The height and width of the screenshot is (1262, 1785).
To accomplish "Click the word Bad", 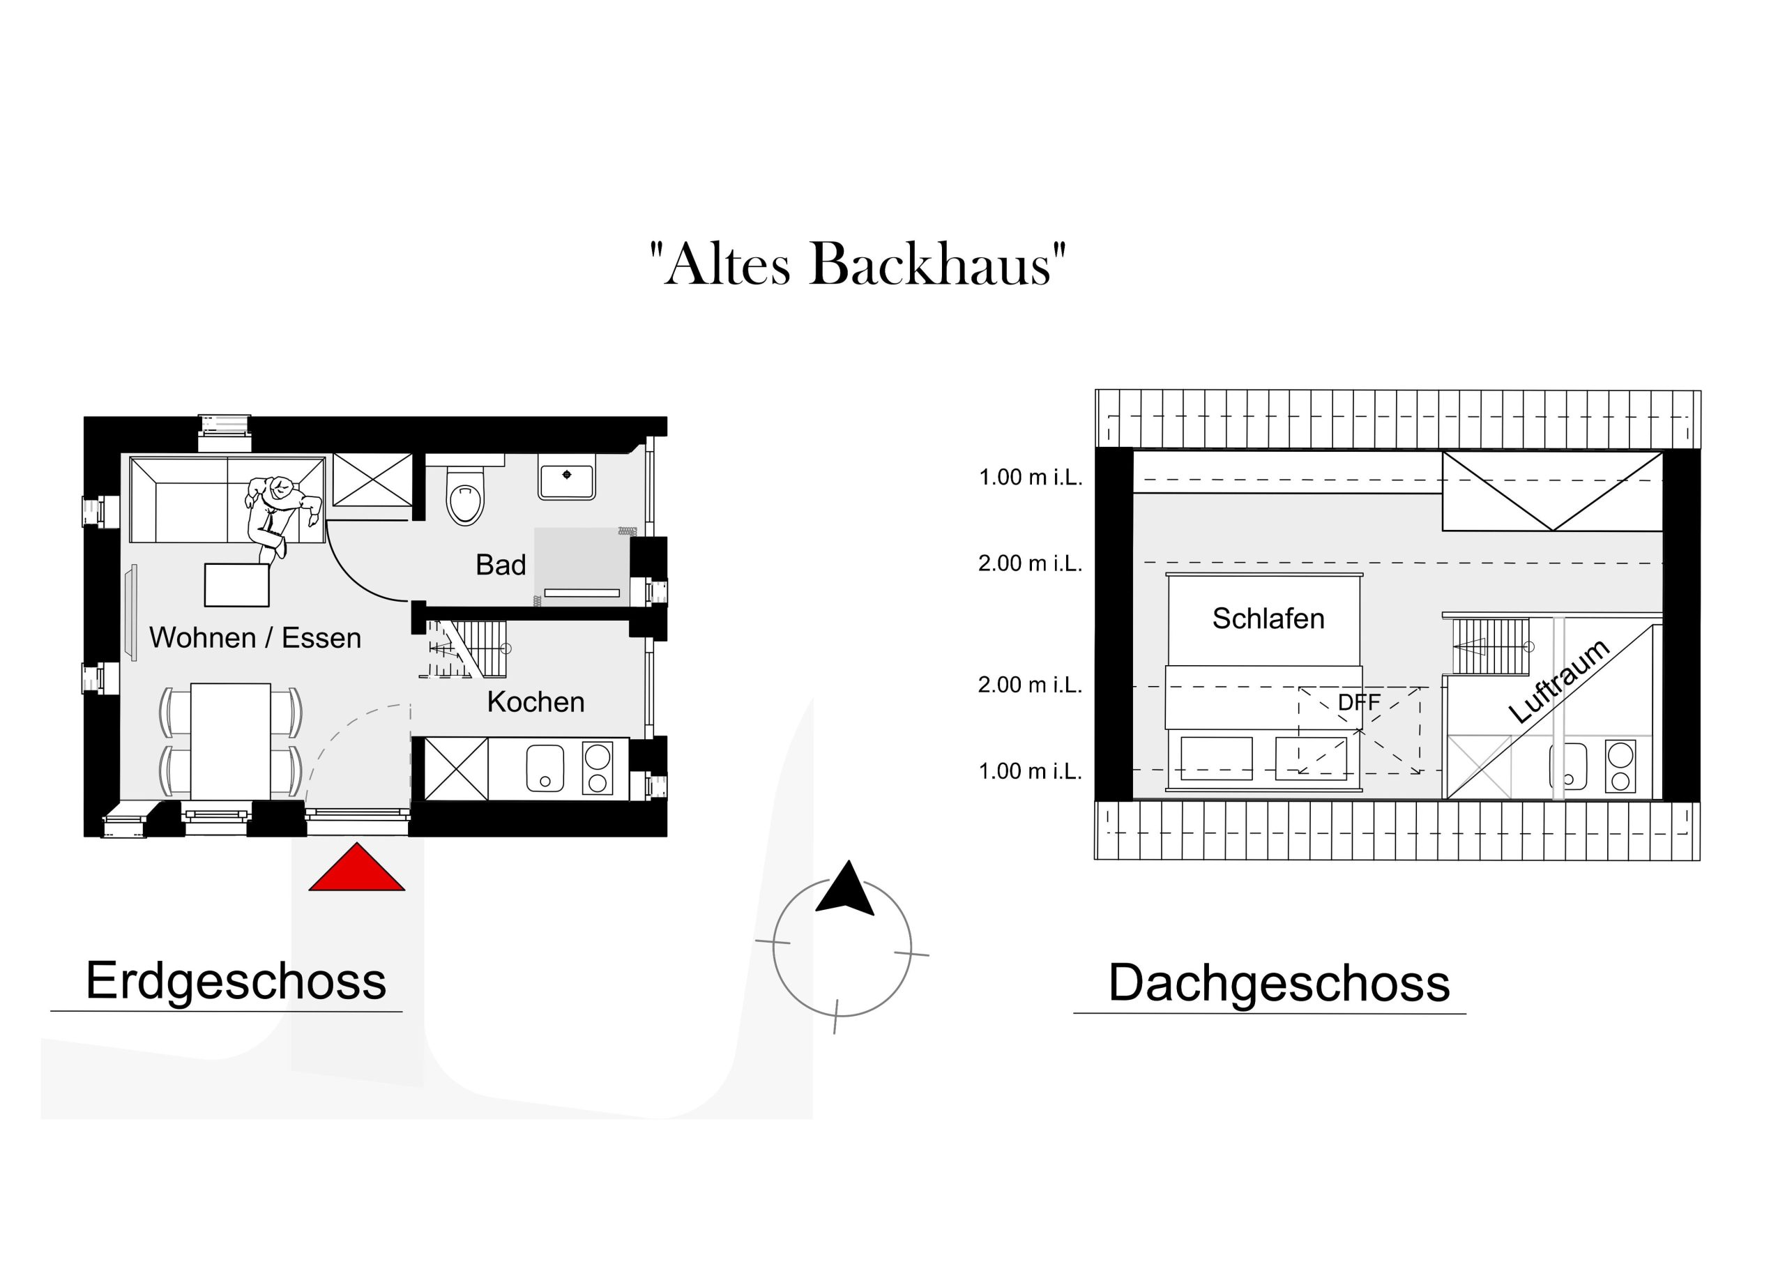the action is (501, 565).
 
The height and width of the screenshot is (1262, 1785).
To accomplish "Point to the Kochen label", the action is (535, 702).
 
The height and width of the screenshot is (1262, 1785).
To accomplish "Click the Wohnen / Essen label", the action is (255, 637).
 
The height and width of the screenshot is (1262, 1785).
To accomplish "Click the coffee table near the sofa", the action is (237, 586).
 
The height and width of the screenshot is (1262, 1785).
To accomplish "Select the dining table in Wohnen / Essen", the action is (231, 741).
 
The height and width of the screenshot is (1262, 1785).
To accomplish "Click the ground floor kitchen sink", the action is (545, 768).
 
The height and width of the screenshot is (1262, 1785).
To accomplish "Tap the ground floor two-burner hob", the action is (598, 768).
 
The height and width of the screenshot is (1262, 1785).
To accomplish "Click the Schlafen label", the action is (1268, 619).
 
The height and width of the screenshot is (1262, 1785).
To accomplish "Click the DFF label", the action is (1359, 702).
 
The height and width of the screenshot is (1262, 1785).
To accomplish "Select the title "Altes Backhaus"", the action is (858, 264).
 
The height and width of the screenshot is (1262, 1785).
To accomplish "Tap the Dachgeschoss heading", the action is (1279, 984).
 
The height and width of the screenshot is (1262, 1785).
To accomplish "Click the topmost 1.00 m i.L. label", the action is (1030, 478).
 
